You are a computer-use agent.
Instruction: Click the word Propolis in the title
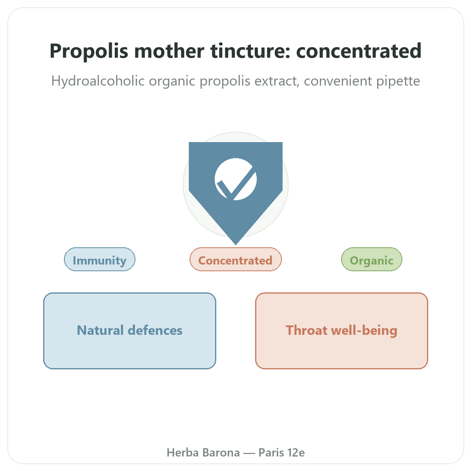(x=89, y=51)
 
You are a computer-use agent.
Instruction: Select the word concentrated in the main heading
(x=359, y=51)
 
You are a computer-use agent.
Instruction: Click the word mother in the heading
(x=169, y=51)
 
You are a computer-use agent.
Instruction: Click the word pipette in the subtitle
(x=398, y=81)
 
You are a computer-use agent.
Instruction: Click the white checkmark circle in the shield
(x=235, y=179)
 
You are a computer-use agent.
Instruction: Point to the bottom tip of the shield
(x=235, y=245)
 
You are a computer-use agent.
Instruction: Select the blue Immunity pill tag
(x=100, y=259)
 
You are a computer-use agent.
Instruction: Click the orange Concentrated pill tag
(x=235, y=259)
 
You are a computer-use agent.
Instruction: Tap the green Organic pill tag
(x=372, y=259)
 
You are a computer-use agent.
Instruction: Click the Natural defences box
(x=130, y=331)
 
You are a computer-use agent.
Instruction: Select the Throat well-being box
(x=342, y=331)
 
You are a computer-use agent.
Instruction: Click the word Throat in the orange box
(x=307, y=330)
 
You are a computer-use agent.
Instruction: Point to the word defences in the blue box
(x=155, y=330)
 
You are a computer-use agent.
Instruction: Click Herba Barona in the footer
(x=203, y=453)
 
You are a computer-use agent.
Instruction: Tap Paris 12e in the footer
(x=282, y=453)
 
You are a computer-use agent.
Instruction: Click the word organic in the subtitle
(x=172, y=81)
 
